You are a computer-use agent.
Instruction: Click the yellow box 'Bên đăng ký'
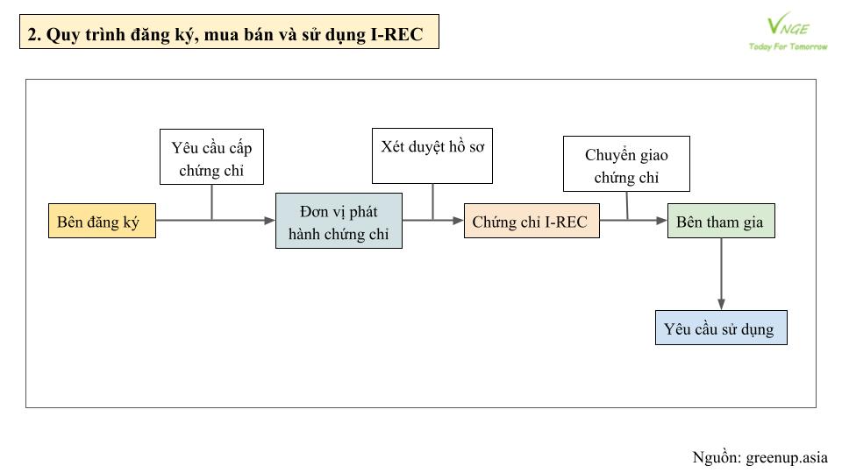pos(102,221)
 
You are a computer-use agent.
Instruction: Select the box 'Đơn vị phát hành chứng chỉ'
pos(339,221)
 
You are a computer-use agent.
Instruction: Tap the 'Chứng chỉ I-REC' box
pos(532,221)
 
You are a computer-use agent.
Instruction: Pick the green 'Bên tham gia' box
pos(721,221)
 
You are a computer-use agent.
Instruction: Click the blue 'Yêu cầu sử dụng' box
pos(721,328)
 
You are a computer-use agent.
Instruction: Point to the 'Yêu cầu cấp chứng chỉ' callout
pos(211,157)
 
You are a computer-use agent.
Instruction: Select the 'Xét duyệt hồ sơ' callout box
pos(432,156)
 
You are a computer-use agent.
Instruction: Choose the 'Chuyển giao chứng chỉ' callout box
pos(626,164)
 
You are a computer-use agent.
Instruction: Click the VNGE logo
pos(788,25)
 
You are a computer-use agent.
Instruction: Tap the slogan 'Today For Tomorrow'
pos(788,46)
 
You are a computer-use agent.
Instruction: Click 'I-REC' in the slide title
pos(396,34)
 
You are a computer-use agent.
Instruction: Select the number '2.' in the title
pos(34,34)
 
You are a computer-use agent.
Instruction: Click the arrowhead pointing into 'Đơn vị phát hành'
pos(269,221)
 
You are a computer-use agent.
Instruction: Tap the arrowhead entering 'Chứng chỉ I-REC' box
pos(458,221)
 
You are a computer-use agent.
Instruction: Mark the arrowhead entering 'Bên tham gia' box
pos(661,221)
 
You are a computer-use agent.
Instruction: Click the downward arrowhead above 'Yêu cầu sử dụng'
pos(721,305)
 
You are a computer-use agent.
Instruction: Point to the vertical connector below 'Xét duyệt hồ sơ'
pos(432,202)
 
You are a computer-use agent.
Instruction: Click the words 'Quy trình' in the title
pos(79,35)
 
